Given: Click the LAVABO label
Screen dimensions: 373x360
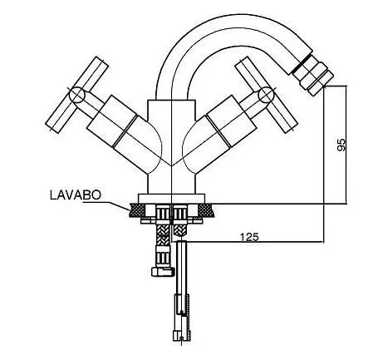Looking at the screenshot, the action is [x=76, y=195].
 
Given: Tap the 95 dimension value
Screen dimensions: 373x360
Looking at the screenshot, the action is [x=341, y=144].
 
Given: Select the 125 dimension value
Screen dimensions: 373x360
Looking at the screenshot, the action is [x=249, y=237].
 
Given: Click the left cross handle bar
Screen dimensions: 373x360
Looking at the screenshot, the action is [x=77, y=95].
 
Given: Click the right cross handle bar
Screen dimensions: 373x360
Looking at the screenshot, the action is [x=266, y=95].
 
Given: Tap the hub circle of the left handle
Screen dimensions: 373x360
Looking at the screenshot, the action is [x=77, y=95].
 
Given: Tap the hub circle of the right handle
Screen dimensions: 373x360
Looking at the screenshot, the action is [x=266, y=95].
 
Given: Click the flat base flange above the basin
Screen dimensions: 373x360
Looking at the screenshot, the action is [x=172, y=198].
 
